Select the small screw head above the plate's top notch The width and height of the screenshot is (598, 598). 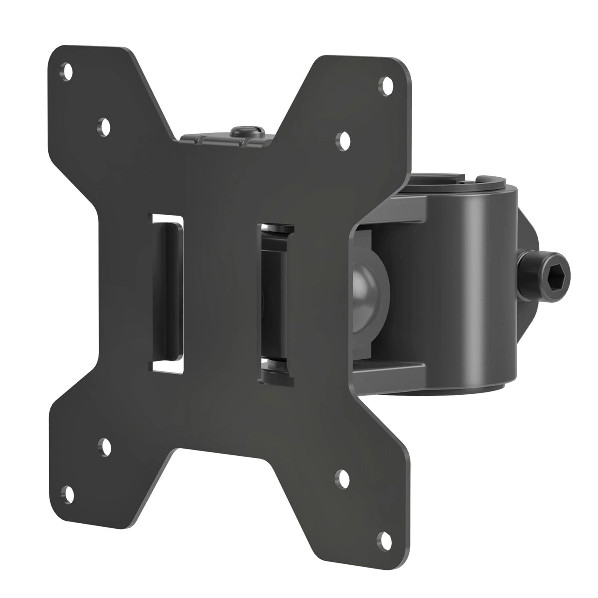pos(243,130)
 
